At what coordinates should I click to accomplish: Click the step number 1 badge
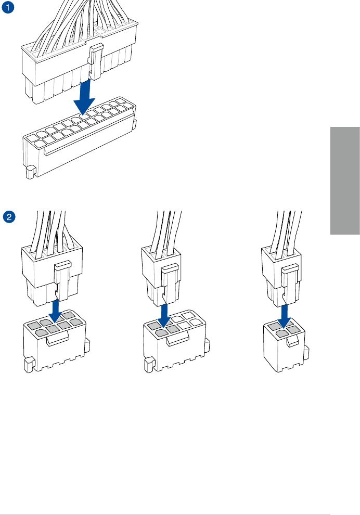8,8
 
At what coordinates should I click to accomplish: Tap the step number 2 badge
8,215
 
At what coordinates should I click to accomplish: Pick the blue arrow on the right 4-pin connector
284,314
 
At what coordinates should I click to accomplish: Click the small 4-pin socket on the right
284,346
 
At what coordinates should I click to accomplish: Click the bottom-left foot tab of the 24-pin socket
30,171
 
